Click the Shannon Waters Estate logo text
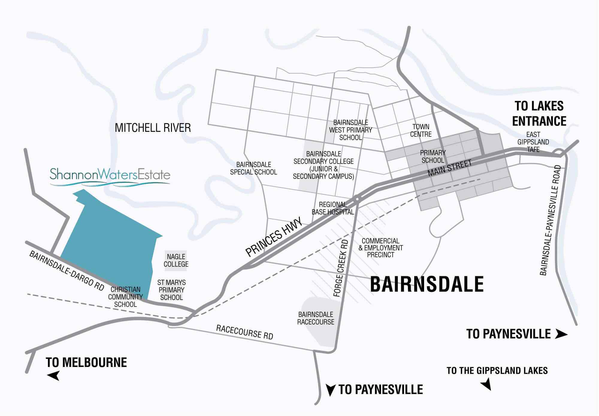coord(110,174)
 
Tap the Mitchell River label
coord(153,128)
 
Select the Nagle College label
coord(176,260)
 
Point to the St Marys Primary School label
coord(171,290)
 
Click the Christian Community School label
coord(125,297)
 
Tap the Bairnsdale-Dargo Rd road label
coord(66,271)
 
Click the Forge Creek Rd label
coord(341,268)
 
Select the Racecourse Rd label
coord(244,332)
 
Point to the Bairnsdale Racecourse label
coord(316,318)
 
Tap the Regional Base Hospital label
coord(333,208)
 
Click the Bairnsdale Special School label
coord(253,168)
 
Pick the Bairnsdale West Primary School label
coord(350,130)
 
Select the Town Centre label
coord(421,131)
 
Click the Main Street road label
coord(450,168)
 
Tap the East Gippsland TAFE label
coord(533,142)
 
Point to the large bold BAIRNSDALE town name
coord(427,284)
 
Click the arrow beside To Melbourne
coord(53,375)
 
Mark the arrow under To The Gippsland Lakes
coord(486,384)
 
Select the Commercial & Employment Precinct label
coord(380,248)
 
